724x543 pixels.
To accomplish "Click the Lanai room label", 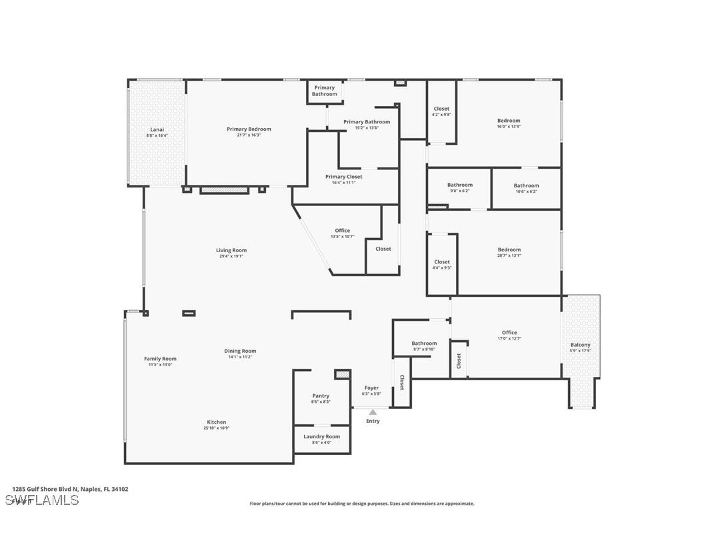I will coord(157,129).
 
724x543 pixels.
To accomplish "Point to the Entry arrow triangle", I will coord(373,412).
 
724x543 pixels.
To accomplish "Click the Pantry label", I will coord(321,396).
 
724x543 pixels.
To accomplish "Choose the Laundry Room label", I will coord(321,436).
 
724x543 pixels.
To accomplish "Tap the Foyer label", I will coord(371,388).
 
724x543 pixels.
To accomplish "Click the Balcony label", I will coord(580,345).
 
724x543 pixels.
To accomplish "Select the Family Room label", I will coord(160,358).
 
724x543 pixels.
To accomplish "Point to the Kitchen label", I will coord(216,422).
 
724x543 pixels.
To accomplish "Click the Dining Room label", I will coord(240,351).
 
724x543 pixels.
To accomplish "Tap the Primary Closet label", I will coord(344,177).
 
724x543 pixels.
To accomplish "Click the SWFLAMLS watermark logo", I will coord(41,500).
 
